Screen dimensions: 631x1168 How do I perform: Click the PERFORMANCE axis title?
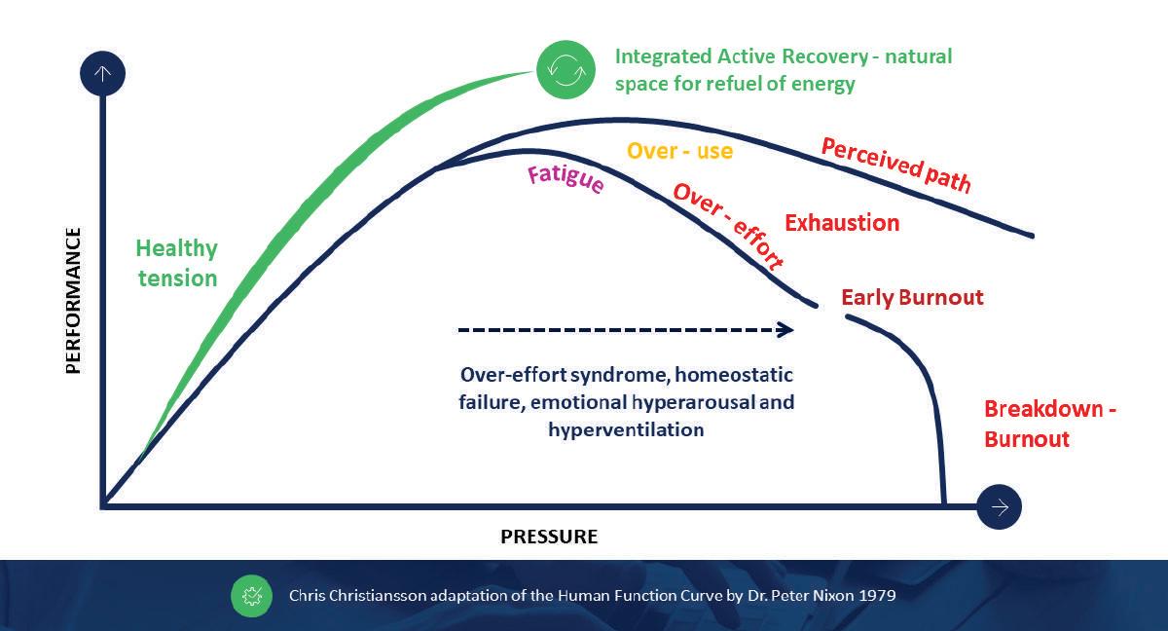[73, 301]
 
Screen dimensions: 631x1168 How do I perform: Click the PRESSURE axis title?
[549, 537]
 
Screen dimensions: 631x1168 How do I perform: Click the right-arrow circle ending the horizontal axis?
[999, 505]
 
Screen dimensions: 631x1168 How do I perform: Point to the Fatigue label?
[566, 179]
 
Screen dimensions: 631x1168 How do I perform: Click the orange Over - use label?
[679, 151]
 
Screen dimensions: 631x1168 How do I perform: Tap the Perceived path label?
[896, 165]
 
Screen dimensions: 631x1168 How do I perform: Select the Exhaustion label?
[842, 223]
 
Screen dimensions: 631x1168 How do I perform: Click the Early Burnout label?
[912, 297]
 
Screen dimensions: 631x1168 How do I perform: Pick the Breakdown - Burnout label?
[1049, 424]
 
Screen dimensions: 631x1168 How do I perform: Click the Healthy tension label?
[176, 263]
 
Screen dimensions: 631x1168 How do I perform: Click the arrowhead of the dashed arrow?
[785, 330]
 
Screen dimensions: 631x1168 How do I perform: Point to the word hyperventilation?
[626, 429]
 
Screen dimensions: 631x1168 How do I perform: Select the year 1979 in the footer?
[876, 594]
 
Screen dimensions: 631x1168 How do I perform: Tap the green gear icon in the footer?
[251, 595]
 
